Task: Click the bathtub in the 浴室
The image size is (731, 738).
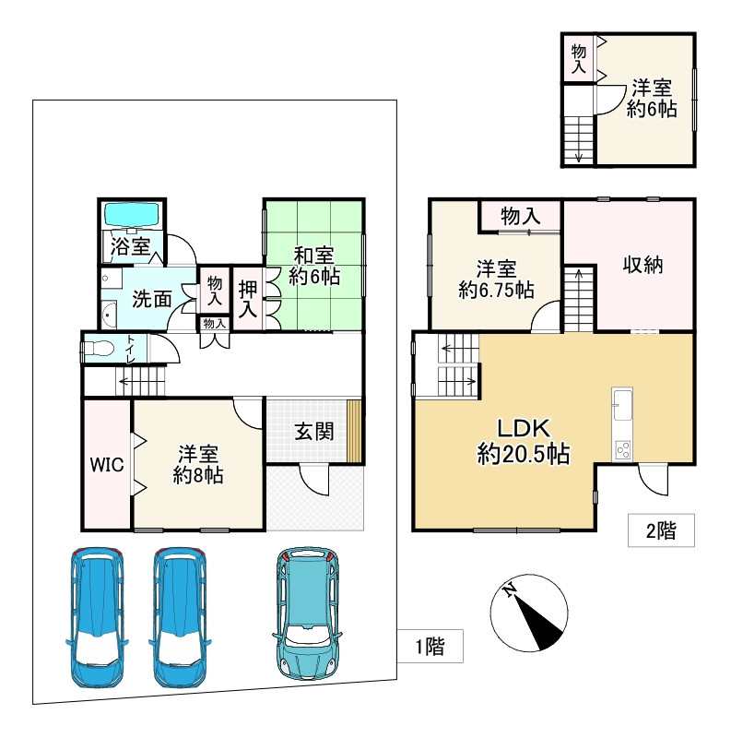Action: tap(131, 215)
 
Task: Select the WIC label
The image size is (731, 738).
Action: tap(107, 465)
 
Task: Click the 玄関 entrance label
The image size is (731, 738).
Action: tap(314, 432)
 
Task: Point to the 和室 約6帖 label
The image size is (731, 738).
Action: tap(314, 266)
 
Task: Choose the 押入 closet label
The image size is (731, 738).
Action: tap(247, 300)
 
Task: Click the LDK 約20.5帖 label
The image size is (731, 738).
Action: tap(524, 442)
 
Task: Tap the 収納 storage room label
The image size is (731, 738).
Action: tap(643, 266)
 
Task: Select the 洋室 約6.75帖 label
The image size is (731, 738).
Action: tap(496, 280)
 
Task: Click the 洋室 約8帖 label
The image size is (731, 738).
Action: tap(198, 465)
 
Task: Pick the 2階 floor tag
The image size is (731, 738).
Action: tap(661, 530)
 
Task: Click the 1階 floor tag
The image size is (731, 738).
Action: tap(430, 647)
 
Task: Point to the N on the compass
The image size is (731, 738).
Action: tap(509, 589)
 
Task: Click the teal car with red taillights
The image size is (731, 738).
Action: tap(307, 613)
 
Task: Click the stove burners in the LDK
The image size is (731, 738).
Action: tap(622, 449)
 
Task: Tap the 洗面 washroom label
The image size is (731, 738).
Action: tap(151, 299)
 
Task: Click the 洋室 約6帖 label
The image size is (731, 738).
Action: tap(652, 99)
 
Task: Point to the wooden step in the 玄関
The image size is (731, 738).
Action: tap(354, 431)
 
